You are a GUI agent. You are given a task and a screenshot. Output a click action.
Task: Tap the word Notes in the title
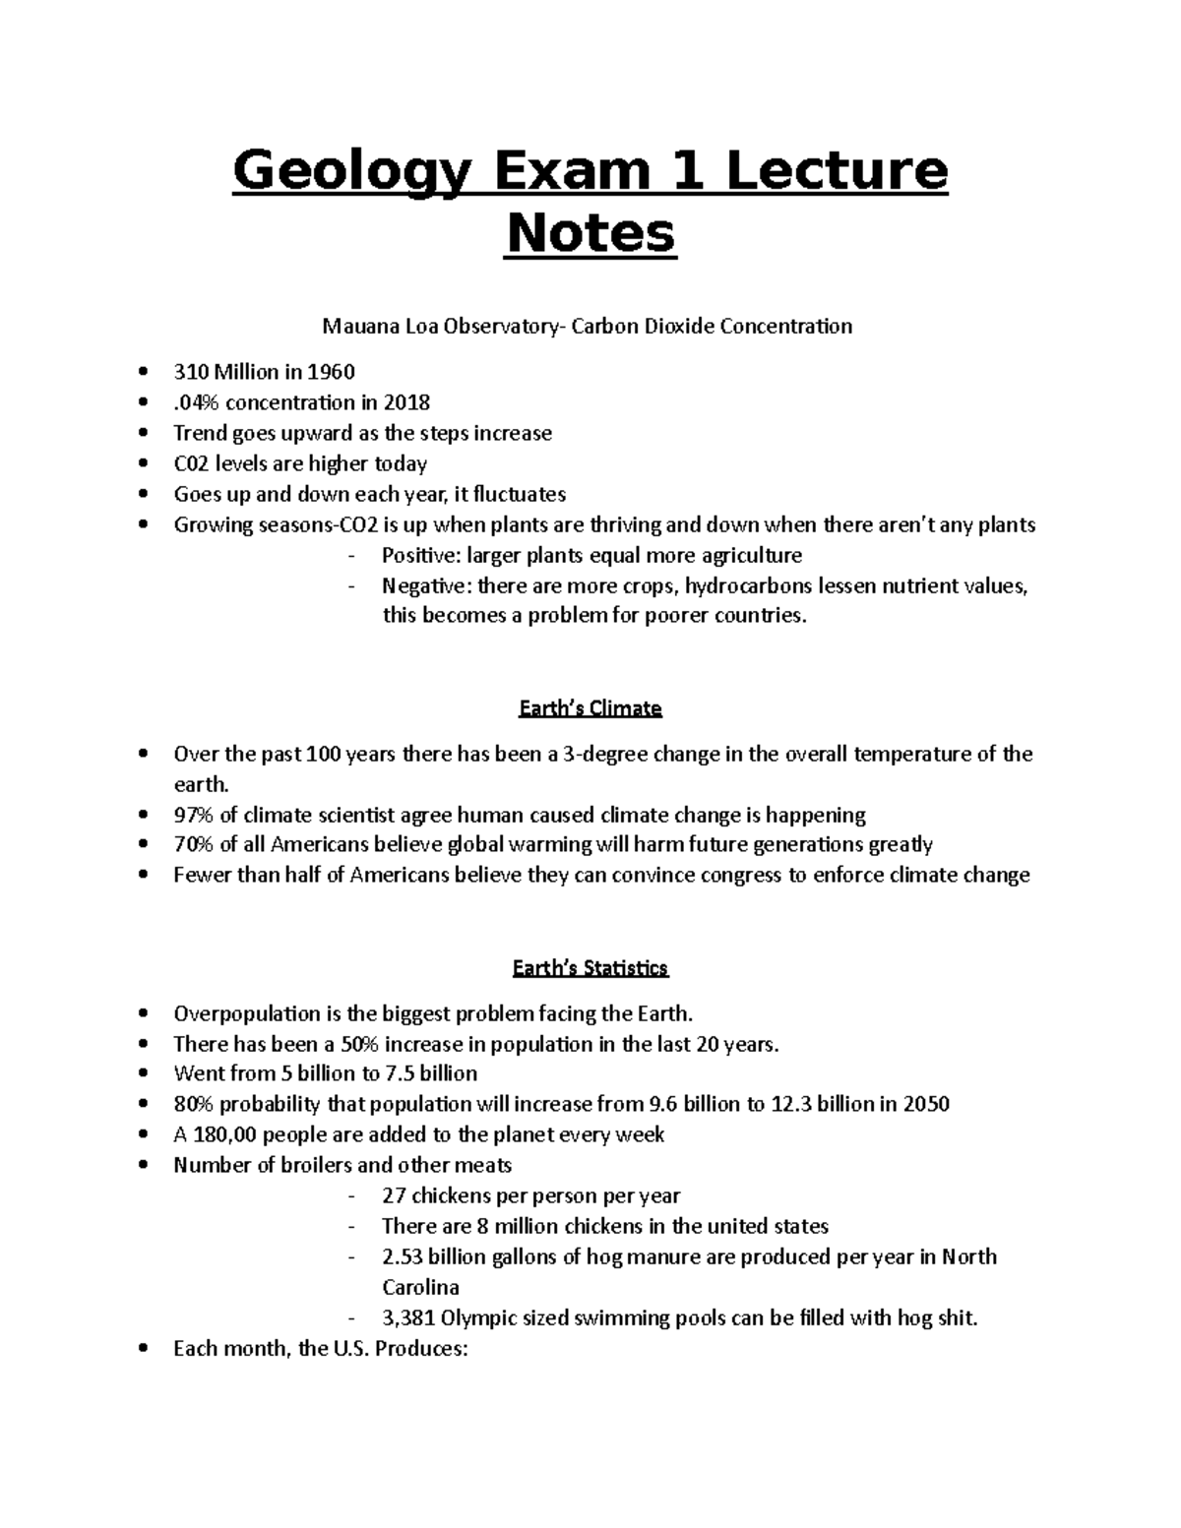[x=590, y=234]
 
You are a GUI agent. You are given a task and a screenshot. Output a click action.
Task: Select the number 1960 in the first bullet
[x=331, y=372]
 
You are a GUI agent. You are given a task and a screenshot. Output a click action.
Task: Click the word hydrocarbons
[x=749, y=585]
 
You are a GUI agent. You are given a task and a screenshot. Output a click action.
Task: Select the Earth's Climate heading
[x=590, y=708]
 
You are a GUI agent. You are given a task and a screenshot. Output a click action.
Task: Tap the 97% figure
[x=194, y=815]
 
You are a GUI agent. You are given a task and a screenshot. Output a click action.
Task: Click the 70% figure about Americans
[x=194, y=845]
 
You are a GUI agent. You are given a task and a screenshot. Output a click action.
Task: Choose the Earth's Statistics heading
[x=590, y=968]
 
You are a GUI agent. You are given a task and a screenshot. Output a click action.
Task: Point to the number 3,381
[x=408, y=1317]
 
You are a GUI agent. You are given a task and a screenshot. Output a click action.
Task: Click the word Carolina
[x=420, y=1287]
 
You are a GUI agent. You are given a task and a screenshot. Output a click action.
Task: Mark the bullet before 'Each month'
[x=145, y=1349]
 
